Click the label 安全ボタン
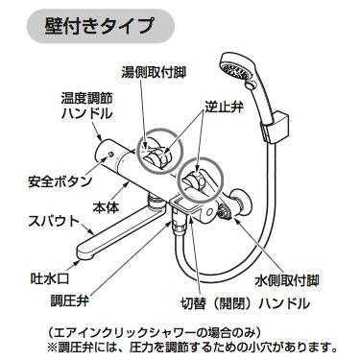tap(60, 180)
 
